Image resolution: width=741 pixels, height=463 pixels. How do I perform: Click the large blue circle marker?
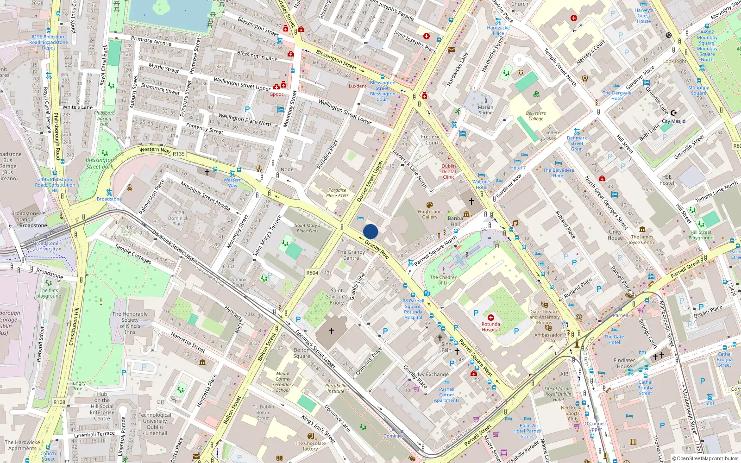(x=370, y=231)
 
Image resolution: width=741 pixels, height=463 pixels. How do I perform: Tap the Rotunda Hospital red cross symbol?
(x=490, y=318)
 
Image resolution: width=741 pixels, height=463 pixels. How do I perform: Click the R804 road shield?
(x=312, y=273)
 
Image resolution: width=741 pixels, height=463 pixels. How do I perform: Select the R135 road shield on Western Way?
(x=178, y=154)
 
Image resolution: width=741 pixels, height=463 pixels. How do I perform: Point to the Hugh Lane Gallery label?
(x=429, y=214)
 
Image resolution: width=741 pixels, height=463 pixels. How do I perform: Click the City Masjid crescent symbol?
(x=674, y=113)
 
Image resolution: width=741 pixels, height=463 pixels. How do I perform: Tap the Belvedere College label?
(x=536, y=116)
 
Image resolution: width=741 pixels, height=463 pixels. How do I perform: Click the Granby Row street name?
(x=377, y=249)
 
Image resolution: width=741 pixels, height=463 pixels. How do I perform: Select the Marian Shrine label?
(x=485, y=110)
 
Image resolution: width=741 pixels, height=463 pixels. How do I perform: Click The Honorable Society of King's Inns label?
(x=130, y=323)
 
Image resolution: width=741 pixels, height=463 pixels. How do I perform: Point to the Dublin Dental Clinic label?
(x=448, y=171)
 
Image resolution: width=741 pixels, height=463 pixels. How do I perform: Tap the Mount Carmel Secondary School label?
(x=283, y=382)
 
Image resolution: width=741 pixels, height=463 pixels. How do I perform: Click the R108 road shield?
(x=59, y=402)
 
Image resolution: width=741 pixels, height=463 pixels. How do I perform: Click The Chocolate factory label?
(x=310, y=446)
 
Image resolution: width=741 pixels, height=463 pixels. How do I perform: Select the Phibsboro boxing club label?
(x=104, y=118)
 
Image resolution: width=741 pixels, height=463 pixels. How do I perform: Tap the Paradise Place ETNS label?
(x=337, y=193)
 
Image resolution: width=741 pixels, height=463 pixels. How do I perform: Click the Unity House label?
(x=615, y=235)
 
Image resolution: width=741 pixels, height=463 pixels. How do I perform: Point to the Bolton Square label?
(x=301, y=353)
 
